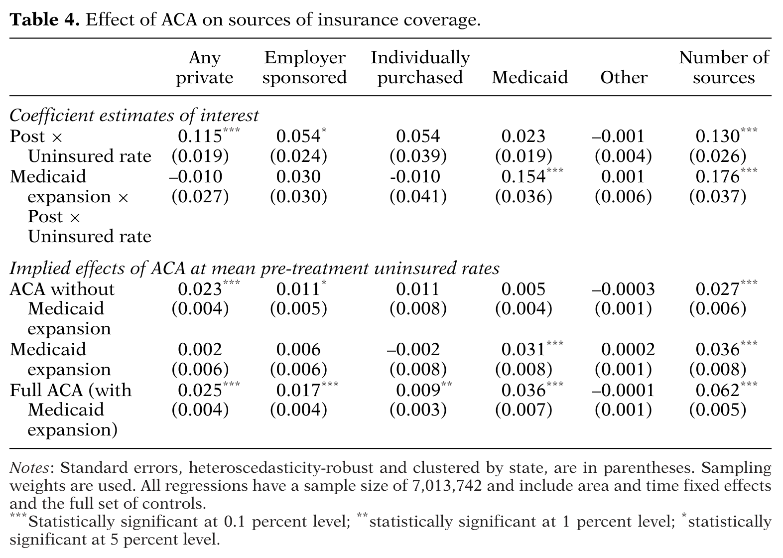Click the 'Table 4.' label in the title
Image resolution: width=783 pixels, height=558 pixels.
tap(44, 20)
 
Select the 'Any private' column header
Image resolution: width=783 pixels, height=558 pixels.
tap(205, 67)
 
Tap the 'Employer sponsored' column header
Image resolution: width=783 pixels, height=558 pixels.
tap(304, 67)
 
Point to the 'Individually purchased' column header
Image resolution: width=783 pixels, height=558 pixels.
tap(420, 67)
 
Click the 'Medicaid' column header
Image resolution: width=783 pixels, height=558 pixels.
tap(530, 77)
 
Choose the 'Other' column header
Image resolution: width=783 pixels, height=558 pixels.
tap(624, 77)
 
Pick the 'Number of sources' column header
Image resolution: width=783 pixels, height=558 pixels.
tap(724, 67)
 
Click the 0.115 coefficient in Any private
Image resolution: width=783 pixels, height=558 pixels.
tap(200, 136)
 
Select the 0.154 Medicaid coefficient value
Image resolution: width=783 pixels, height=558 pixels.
tap(523, 176)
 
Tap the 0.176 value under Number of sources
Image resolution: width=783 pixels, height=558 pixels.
tap(718, 176)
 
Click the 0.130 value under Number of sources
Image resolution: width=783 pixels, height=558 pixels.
tap(718, 136)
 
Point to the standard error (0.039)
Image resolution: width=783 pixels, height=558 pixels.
tap(418, 156)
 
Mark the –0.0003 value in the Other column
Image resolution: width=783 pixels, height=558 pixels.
tap(623, 289)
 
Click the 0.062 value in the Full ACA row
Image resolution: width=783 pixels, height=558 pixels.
tap(718, 390)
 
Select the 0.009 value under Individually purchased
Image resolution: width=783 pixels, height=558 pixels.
tap(418, 390)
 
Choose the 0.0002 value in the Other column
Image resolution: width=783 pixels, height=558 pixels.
tap(628, 349)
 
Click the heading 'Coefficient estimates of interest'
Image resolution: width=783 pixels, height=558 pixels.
tap(134, 116)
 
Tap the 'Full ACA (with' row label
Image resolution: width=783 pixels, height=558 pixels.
tap(71, 390)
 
